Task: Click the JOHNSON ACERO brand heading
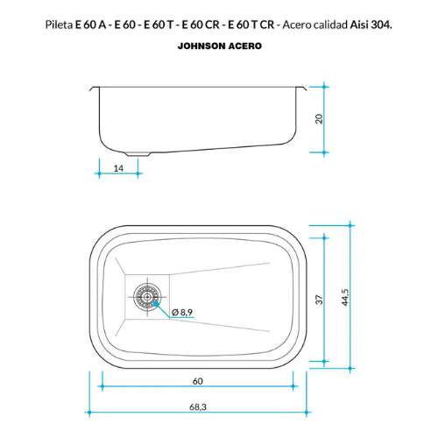pyautogui.click(x=220, y=46)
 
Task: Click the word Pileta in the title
pyautogui.click(x=59, y=25)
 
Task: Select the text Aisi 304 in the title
pyautogui.click(x=370, y=25)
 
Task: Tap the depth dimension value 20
pyautogui.click(x=319, y=119)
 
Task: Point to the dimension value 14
pyautogui.click(x=118, y=168)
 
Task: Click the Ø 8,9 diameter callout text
pyautogui.click(x=182, y=313)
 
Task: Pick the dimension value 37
pyautogui.click(x=320, y=300)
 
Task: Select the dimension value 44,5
pyautogui.click(x=345, y=297)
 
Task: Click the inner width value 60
pyautogui.click(x=198, y=381)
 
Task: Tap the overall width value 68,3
pyautogui.click(x=198, y=406)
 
